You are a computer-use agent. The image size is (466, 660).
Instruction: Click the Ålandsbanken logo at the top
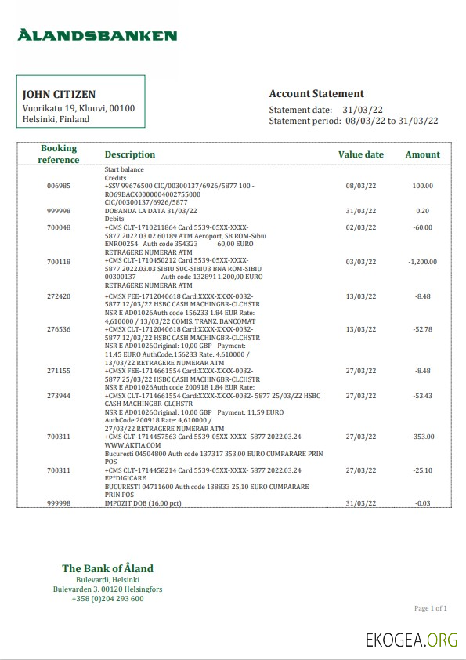click(x=97, y=35)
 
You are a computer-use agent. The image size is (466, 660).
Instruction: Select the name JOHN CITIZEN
click(x=59, y=94)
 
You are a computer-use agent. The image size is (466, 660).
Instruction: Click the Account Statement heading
click(x=316, y=94)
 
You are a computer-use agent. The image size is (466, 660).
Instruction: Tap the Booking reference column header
click(x=59, y=154)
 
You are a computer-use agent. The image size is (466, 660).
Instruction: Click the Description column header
click(x=130, y=154)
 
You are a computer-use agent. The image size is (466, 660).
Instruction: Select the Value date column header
click(x=361, y=154)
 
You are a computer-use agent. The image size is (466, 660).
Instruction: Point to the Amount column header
click(x=422, y=154)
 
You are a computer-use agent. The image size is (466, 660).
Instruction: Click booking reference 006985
click(x=59, y=187)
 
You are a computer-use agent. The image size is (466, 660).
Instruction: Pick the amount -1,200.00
click(x=422, y=262)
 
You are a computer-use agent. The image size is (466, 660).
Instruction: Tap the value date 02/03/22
click(x=361, y=227)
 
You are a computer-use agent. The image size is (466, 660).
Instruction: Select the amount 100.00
click(x=423, y=187)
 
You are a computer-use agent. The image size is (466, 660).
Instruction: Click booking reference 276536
click(x=59, y=329)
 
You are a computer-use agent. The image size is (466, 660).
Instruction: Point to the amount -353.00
click(x=422, y=436)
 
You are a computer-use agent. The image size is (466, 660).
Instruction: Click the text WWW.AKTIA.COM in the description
click(x=128, y=444)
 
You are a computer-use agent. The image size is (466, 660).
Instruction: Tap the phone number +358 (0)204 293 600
click(x=108, y=599)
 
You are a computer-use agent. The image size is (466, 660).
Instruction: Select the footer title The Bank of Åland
click(x=108, y=568)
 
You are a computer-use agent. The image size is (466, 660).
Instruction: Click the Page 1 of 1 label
click(x=430, y=608)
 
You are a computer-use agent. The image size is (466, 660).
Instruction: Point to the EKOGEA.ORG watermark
click(x=411, y=640)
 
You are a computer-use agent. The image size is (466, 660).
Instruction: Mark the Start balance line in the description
click(x=125, y=169)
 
